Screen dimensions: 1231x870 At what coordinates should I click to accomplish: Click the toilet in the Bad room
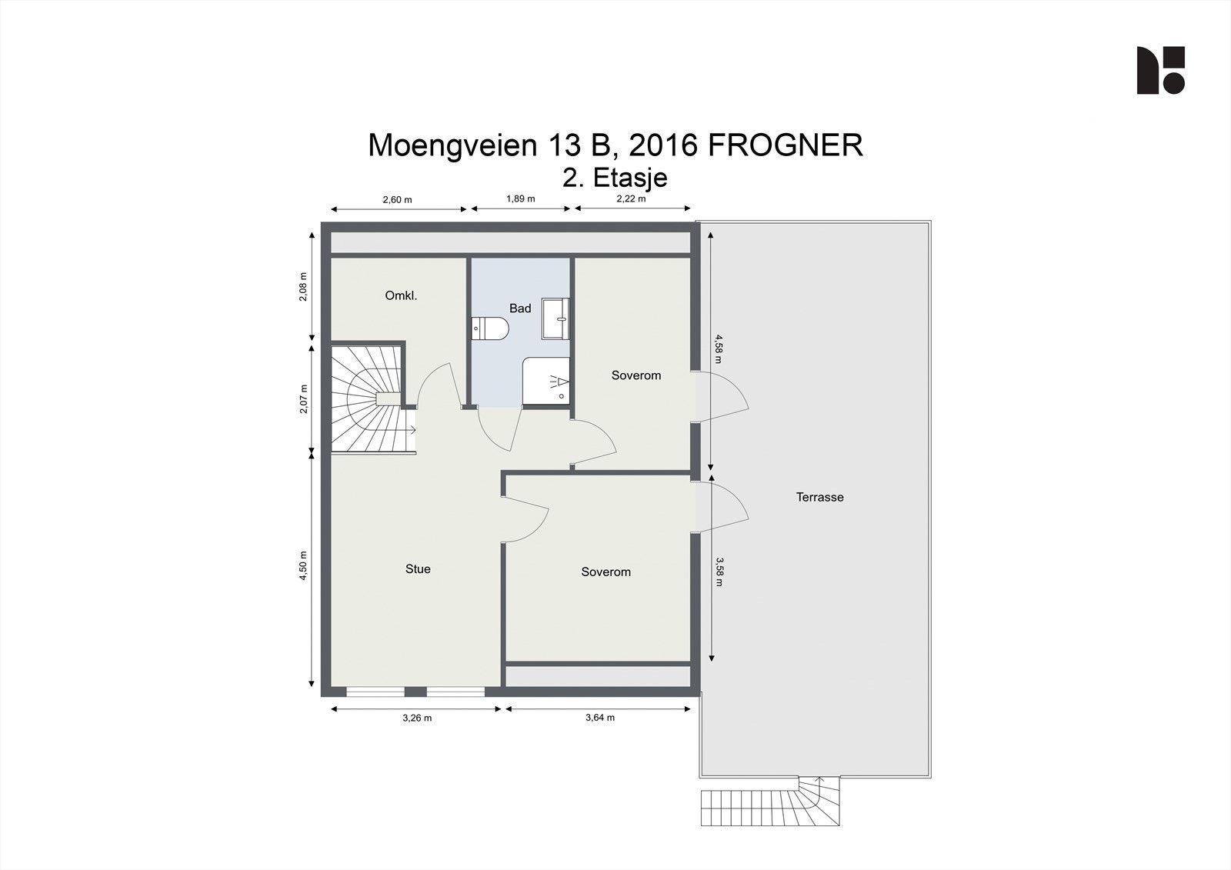pyautogui.click(x=490, y=328)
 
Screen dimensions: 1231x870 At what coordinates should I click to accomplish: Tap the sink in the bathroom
pyautogui.click(x=555, y=318)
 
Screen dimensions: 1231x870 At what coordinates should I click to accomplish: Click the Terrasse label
pyautogui.click(x=819, y=497)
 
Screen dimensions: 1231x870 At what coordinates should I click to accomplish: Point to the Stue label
pyautogui.click(x=418, y=568)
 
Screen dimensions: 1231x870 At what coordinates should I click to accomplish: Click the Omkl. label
pyautogui.click(x=401, y=295)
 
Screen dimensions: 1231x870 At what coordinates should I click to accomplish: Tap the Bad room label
pyautogui.click(x=520, y=308)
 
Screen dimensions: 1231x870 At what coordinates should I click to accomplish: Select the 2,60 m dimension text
pyautogui.click(x=397, y=199)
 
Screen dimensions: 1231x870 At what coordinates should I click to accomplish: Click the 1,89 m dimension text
pyautogui.click(x=520, y=198)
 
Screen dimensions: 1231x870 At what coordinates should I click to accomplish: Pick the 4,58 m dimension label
pyautogui.click(x=719, y=348)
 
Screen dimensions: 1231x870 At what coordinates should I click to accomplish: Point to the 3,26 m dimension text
pyautogui.click(x=417, y=718)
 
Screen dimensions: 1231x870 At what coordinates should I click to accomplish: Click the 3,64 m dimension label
pyautogui.click(x=600, y=717)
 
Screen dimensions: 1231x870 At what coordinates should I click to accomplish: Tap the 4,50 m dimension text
pyautogui.click(x=303, y=565)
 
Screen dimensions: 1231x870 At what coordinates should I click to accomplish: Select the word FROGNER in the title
pyautogui.click(x=786, y=145)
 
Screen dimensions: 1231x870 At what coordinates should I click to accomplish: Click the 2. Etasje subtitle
pyautogui.click(x=615, y=178)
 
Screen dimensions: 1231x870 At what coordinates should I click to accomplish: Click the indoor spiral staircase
pyautogui.click(x=372, y=398)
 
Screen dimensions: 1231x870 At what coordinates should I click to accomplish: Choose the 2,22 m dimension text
pyautogui.click(x=631, y=198)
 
